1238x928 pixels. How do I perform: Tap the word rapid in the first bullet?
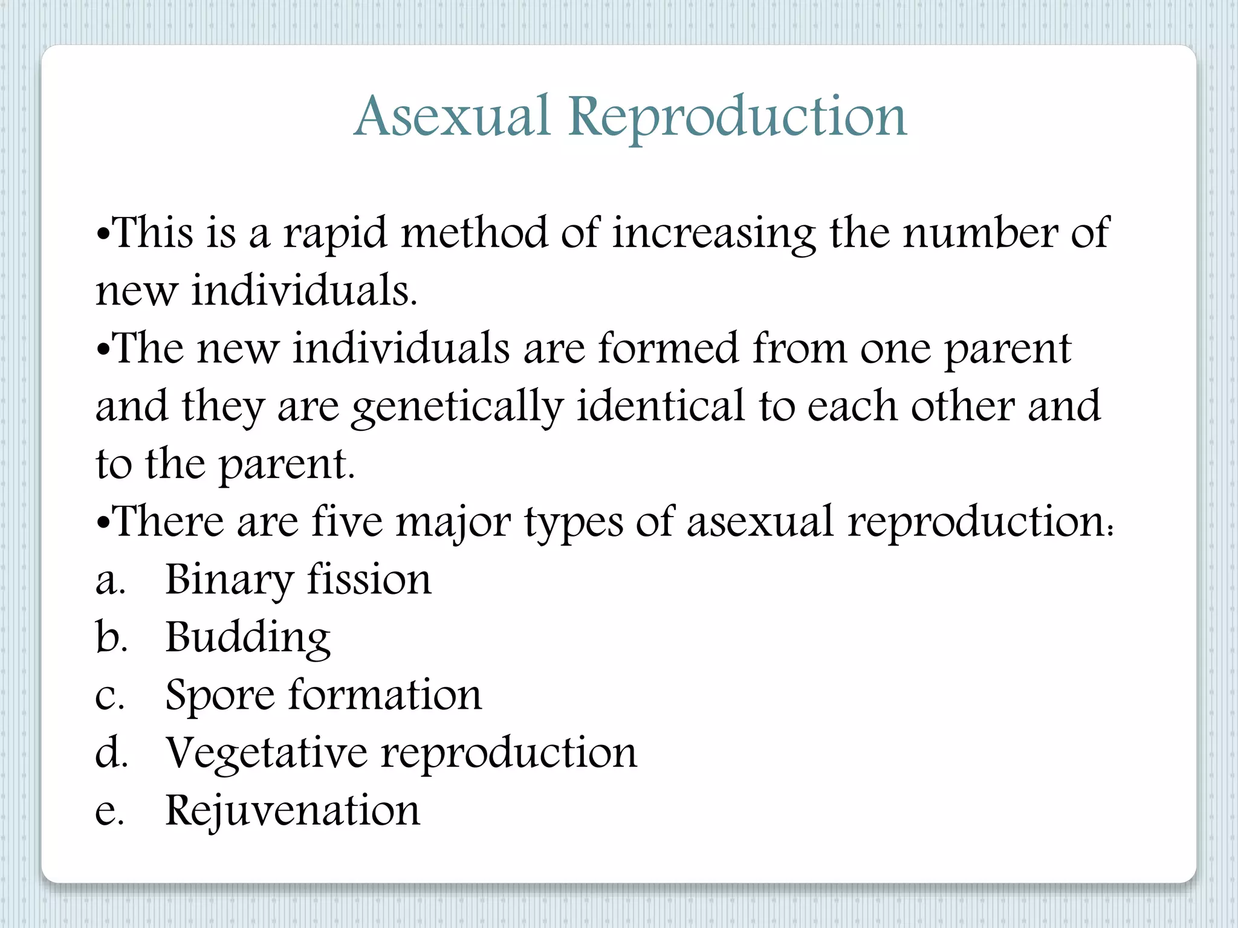tap(335, 233)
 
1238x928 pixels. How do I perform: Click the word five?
tap(348, 521)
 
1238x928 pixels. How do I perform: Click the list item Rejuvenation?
tap(293, 811)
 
